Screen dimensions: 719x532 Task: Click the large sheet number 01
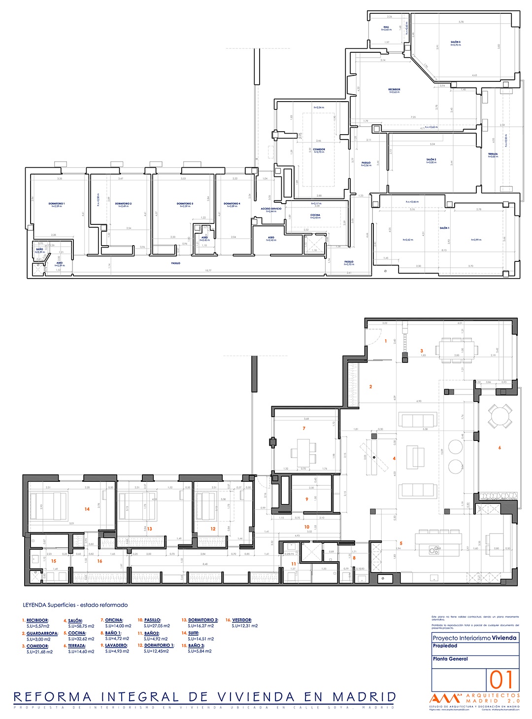pos(501,680)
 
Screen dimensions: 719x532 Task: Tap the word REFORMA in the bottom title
pos(53,697)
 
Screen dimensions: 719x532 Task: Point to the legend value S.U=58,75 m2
pos(81,626)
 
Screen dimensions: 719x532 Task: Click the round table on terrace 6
pos(500,416)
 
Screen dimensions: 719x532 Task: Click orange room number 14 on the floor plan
pos(87,509)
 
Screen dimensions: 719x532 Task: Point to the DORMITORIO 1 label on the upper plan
pos(57,204)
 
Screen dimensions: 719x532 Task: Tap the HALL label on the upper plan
pos(386,28)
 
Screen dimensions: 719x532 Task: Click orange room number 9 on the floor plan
pos(307,499)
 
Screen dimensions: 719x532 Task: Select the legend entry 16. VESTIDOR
pos(239,620)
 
